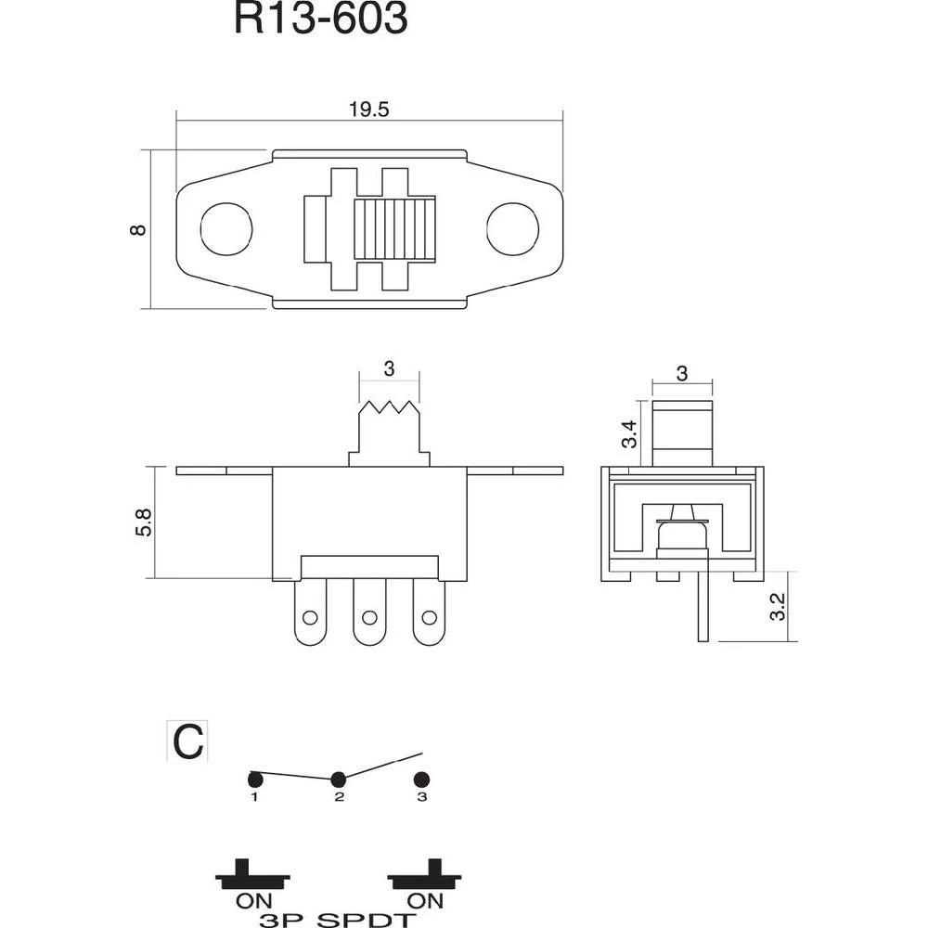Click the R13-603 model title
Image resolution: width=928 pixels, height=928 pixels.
point(320,19)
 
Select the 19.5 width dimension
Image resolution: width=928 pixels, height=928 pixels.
point(368,110)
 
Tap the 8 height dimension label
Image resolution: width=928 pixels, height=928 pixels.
point(138,229)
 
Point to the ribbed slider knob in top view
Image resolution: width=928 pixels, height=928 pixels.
point(394,229)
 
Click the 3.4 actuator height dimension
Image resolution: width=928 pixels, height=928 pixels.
point(630,434)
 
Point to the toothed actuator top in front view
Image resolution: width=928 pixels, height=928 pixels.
point(389,409)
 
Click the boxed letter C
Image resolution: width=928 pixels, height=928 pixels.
point(187,741)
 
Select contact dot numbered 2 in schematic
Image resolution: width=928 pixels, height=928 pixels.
point(339,779)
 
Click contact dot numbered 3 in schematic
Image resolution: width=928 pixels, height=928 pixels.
point(421,779)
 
